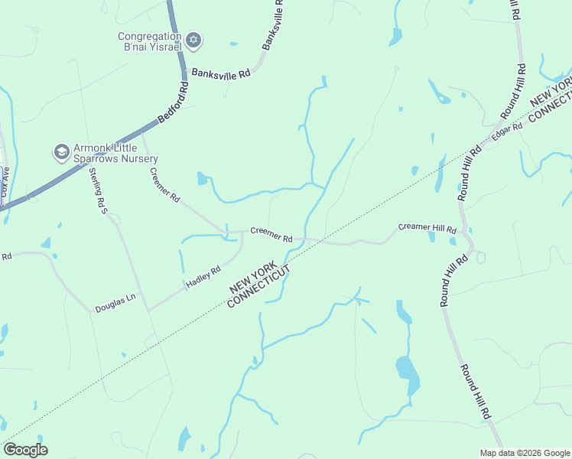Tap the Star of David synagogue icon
(x=193, y=40)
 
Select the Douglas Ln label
(x=115, y=303)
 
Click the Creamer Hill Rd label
(x=427, y=228)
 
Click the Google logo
(x=25, y=450)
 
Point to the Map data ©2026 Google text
(x=525, y=453)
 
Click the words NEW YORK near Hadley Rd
(x=255, y=278)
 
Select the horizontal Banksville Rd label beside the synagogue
(x=221, y=74)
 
